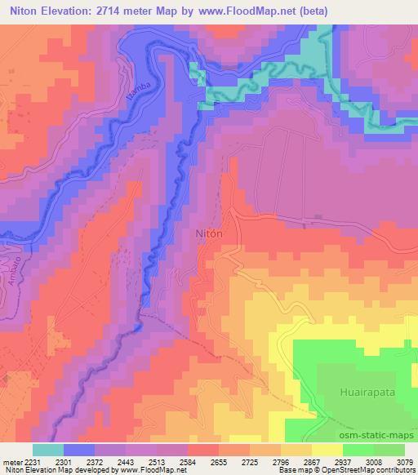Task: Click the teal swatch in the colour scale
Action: [48, 449]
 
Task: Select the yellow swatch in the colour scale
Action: [327, 449]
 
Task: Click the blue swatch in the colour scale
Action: [78, 449]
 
